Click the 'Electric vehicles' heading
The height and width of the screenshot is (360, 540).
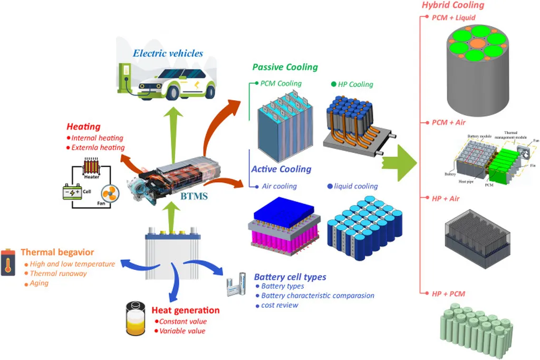coord(168,53)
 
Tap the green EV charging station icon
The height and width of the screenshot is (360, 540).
coord(126,80)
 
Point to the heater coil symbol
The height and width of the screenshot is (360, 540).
coord(91,168)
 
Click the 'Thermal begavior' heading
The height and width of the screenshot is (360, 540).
coord(58,252)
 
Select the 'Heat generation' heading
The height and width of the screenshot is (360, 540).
coord(185,310)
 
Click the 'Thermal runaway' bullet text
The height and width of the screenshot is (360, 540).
coord(58,273)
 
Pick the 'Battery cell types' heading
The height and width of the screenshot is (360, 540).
coord(290,277)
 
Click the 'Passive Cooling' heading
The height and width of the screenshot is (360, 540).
coord(285,67)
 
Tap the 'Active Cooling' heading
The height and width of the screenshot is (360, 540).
coord(281,169)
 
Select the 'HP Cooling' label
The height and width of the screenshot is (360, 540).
coord(355,84)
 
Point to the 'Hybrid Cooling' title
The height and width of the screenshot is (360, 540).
coord(452,5)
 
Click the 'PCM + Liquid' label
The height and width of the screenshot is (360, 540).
coord(454,17)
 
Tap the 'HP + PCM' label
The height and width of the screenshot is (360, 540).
coord(448,293)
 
